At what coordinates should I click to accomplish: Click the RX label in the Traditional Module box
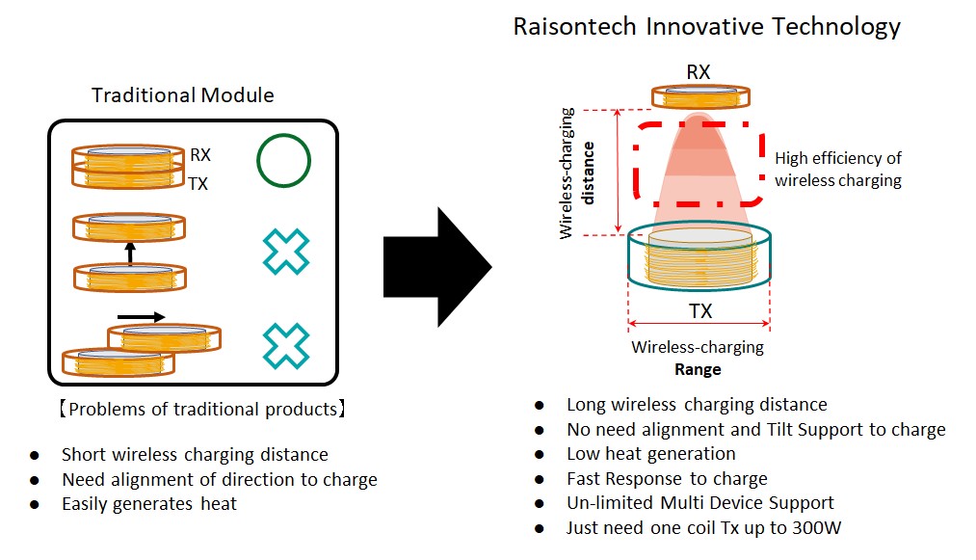[200, 154]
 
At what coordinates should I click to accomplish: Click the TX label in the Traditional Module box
[198, 183]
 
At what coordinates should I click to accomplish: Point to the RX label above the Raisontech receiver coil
[699, 71]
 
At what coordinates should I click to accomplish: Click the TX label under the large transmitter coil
[700, 311]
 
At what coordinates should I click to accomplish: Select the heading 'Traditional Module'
[182, 94]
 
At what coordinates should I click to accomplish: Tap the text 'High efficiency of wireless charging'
[838, 169]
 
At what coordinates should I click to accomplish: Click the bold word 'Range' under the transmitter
[697, 369]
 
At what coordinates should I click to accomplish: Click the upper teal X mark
[286, 252]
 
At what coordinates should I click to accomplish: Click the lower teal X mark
[286, 346]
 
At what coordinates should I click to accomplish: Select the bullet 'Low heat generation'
[650, 453]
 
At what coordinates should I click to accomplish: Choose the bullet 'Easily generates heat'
[148, 503]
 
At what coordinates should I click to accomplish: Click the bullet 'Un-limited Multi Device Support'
[699, 502]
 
